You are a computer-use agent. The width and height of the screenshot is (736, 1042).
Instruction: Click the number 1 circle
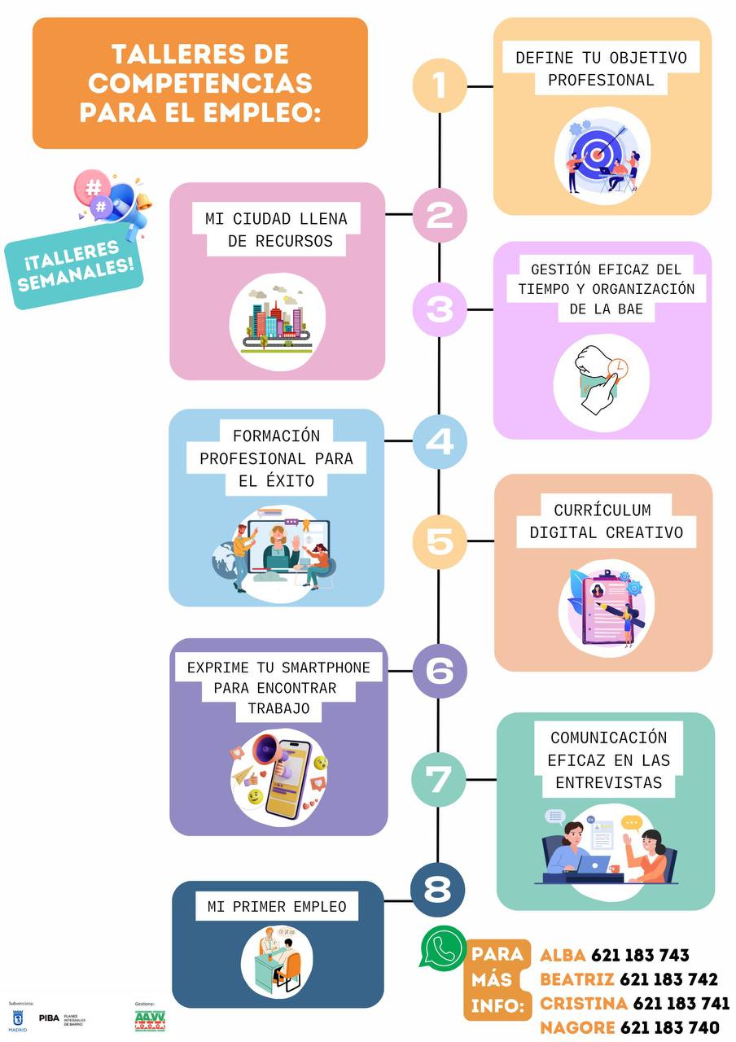tap(440, 85)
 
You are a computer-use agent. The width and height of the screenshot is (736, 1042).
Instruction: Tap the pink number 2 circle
tap(440, 215)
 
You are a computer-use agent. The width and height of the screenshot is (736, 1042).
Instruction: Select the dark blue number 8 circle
tap(438, 890)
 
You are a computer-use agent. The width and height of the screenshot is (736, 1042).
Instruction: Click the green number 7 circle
tap(438, 779)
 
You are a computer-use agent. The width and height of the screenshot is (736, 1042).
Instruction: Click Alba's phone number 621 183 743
tap(640, 955)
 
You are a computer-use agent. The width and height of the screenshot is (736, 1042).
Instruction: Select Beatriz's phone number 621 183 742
tap(668, 979)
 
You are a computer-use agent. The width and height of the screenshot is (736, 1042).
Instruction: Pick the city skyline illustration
tap(278, 319)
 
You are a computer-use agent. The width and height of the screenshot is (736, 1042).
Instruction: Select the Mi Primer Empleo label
tap(277, 906)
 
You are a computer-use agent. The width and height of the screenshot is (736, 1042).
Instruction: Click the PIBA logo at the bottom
tap(50, 1018)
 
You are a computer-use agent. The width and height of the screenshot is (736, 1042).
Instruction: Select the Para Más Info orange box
tap(497, 979)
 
